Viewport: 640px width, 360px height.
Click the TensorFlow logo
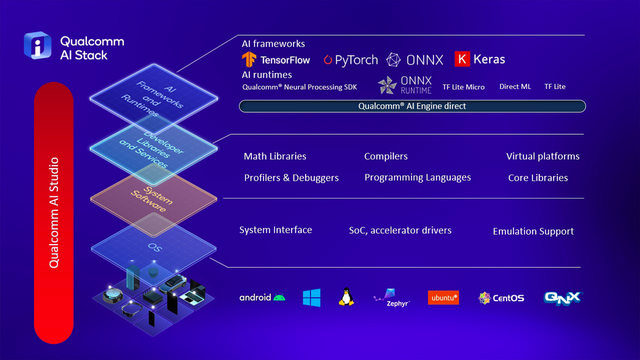pyautogui.click(x=276, y=59)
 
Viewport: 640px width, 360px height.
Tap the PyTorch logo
pyautogui.click(x=350, y=60)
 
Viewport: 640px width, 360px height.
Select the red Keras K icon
pyautogui.click(x=462, y=59)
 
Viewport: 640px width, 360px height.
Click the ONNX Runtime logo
pyautogui.click(x=404, y=85)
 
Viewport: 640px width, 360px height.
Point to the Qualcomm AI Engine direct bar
pyautogui.click(x=412, y=107)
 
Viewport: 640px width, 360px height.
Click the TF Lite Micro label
pyautogui.click(x=463, y=87)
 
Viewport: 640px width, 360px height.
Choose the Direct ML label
pyautogui.click(x=515, y=86)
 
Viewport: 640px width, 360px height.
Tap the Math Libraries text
pyautogui.click(x=275, y=156)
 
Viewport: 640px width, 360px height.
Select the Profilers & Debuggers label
pyautogui.click(x=292, y=178)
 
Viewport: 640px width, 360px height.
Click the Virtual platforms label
pyautogui.click(x=543, y=156)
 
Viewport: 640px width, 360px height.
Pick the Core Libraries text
pyautogui.click(x=538, y=178)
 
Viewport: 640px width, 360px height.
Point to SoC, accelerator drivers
pyautogui.click(x=400, y=231)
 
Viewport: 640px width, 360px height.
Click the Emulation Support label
pyautogui.click(x=533, y=231)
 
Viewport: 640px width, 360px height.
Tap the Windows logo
pyautogui.click(x=312, y=297)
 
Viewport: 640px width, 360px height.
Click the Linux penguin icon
pyautogui.click(x=346, y=297)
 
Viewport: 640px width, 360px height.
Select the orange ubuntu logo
pyautogui.click(x=443, y=297)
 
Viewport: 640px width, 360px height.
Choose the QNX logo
pyautogui.click(x=563, y=298)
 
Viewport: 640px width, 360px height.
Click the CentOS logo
pyautogui.click(x=501, y=298)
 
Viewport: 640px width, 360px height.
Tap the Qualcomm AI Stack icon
pyautogui.click(x=38, y=45)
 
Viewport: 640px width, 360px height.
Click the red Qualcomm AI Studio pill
pyautogui.click(x=54, y=212)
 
